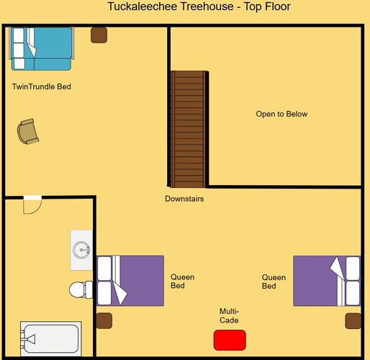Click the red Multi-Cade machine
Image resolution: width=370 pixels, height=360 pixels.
[x=230, y=340]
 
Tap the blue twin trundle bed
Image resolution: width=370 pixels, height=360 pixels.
[x=41, y=48]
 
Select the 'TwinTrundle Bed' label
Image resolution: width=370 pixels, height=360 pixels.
[x=42, y=86]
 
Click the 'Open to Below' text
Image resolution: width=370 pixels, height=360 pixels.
[x=281, y=114]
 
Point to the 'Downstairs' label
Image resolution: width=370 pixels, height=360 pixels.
[x=184, y=199]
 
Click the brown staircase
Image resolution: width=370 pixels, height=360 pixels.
[x=189, y=129]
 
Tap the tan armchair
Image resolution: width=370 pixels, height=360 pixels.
[x=28, y=132]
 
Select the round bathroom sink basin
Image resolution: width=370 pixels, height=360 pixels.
[x=81, y=250]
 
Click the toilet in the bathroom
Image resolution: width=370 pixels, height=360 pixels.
[x=81, y=289]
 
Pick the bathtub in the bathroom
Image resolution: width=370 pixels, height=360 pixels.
[x=51, y=338]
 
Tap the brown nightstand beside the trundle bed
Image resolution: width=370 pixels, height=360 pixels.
[x=99, y=35]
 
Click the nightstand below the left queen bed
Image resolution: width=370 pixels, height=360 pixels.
[x=104, y=320]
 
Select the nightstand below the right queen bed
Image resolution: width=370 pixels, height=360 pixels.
[x=353, y=321]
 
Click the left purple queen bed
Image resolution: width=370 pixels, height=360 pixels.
[x=130, y=281]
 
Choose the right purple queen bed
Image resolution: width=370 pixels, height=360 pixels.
[x=327, y=281]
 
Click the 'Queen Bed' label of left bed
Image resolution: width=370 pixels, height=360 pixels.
[x=182, y=282]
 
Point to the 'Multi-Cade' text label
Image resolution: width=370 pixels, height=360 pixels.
[x=229, y=315]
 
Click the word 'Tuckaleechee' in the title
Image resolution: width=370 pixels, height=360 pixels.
[x=143, y=6]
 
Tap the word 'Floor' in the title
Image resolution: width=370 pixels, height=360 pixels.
[x=278, y=6]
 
